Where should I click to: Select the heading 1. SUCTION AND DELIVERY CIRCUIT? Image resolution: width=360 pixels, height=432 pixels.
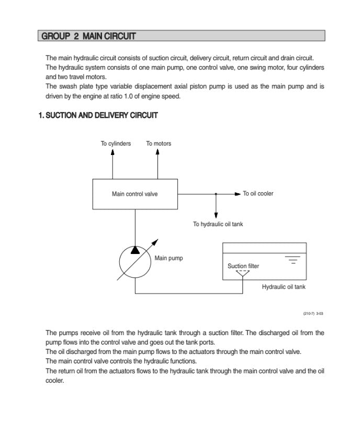pos(98,115)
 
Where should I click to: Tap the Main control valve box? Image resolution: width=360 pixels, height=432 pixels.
pos(135,194)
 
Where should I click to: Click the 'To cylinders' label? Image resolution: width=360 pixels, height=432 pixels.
pos(116,143)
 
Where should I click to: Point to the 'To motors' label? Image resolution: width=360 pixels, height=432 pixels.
pos(159,143)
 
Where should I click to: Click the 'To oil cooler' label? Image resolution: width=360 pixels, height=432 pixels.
pos(258,194)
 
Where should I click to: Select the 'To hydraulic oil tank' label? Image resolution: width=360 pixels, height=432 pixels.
pos(218,224)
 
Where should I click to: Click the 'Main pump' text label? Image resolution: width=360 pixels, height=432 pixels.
pos(168,258)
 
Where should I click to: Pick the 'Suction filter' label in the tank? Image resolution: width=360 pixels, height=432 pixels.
pos(243,266)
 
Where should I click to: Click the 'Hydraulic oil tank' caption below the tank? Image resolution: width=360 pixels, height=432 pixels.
pos(284,287)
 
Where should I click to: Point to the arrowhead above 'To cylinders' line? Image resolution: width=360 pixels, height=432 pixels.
pos(113,152)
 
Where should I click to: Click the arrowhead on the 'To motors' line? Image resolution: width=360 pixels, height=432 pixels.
pos(158,152)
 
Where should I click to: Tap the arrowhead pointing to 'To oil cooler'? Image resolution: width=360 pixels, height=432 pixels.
pos(238,194)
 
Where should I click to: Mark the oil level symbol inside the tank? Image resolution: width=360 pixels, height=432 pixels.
pos(294,259)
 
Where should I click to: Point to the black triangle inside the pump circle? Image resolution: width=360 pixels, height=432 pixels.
pos(135,249)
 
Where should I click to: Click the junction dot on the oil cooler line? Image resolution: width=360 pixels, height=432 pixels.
pos(216,194)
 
